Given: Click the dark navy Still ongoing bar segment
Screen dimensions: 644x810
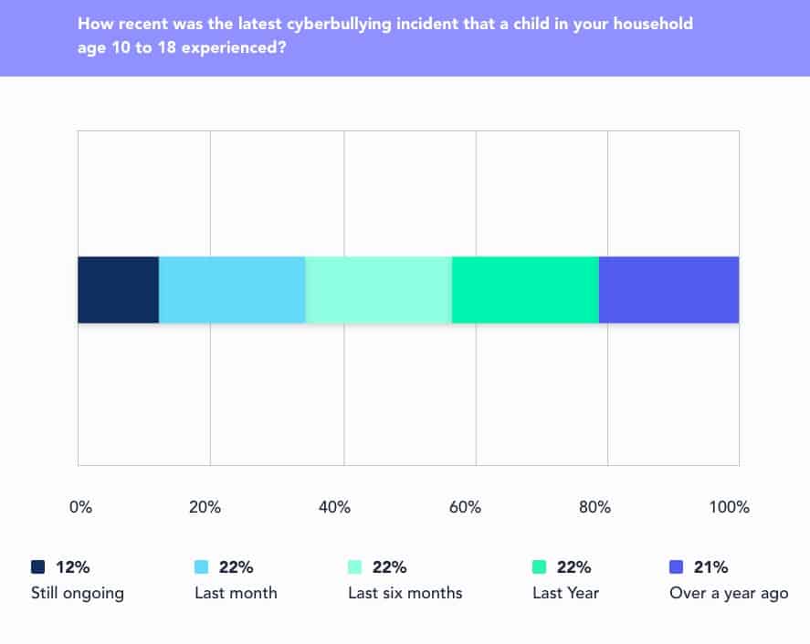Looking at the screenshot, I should click(118, 290).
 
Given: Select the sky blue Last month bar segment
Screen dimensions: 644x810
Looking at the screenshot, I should click(232, 290).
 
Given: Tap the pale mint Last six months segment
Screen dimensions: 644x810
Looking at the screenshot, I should click(378, 290).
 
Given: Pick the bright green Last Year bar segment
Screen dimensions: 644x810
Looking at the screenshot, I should click(525, 290).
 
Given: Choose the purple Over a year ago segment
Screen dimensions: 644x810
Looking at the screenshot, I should click(668, 290).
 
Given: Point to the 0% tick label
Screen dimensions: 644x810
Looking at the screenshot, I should click(80, 507).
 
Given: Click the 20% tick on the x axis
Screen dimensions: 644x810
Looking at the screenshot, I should click(205, 507).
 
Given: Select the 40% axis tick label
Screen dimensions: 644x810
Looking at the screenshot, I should click(334, 507).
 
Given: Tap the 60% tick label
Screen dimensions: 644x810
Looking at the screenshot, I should click(465, 507).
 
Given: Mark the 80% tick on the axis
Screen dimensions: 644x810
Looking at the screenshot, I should click(594, 507).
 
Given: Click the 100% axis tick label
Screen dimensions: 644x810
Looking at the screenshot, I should click(730, 507).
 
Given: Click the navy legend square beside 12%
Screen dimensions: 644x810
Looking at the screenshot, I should click(37, 567).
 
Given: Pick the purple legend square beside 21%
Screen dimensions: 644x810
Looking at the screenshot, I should click(676, 567).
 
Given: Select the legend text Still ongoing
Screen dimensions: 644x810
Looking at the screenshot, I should click(77, 593).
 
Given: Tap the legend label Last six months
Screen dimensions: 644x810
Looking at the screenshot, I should click(405, 593).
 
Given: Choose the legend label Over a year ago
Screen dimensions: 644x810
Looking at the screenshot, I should click(729, 593).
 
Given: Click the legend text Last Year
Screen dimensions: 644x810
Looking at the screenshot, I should click(565, 593).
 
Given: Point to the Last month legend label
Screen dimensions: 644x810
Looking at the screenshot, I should click(236, 593).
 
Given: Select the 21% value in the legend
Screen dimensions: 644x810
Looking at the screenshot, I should click(710, 567).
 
